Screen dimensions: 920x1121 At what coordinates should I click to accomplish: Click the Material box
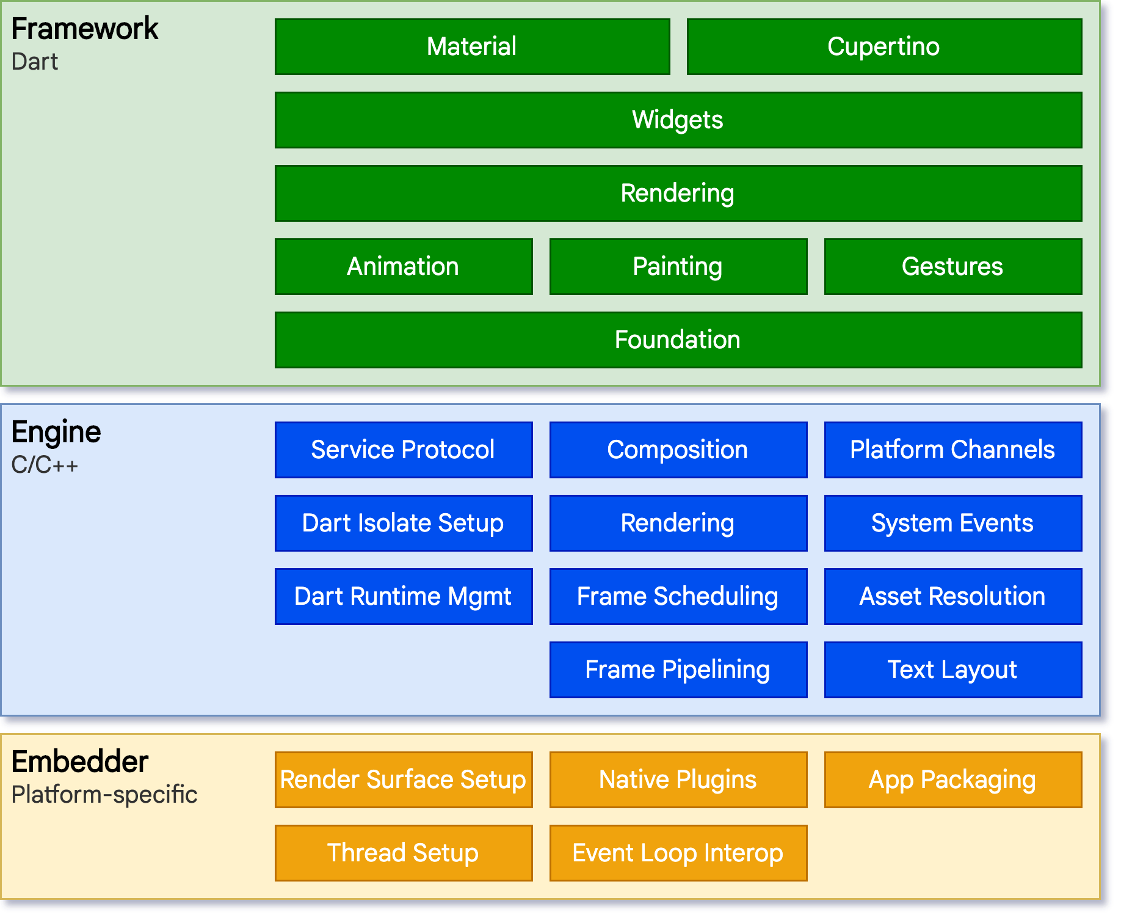pyautogui.click(x=472, y=47)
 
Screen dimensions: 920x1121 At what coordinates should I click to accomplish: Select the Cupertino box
pyautogui.click(x=884, y=47)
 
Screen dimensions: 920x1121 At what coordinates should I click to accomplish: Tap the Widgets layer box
pyautogui.click(x=678, y=120)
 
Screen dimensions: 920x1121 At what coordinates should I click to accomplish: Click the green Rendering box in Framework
pyautogui.click(x=678, y=194)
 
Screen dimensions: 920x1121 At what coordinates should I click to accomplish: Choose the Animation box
pyautogui.click(x=404, y=267)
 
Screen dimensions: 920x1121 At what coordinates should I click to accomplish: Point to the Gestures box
pyautogui.click(x=952, y=267)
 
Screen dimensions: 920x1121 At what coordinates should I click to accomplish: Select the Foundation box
pyautogui.click(x=678, y=340)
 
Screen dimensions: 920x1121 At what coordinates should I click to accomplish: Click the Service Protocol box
pyautogui.click(x=404, y=450)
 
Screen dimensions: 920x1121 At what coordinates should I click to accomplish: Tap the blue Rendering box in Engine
pyautogui.click(x=678, y=524)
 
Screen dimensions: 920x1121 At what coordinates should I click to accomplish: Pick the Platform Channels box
pyautogui.click(x=952, y=450)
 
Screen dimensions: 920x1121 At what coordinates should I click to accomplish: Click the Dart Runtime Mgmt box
pyautogui.click(x=404, y=597)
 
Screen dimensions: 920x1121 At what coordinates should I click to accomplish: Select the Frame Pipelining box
pyautogui.click(x=678, y=670)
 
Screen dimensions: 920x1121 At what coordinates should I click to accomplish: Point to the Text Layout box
pyautogui.click(x=952, y=670)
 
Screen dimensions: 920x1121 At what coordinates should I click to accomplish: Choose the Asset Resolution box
pyautogui.click(x=952, y=597)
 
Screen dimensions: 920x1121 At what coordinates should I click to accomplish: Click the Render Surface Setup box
pyautogui.click(x=404, y=780)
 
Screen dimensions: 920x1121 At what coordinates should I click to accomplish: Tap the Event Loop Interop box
pyautogui.click(x=678, y=853)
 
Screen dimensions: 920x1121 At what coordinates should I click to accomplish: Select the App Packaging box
pyautogui.click(x=952, y=780)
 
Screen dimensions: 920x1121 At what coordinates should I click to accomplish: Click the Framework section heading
pyautogui.click(x=85, y=29)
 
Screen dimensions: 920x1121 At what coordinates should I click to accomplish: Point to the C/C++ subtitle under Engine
pyautogui.click(x=45, y=465)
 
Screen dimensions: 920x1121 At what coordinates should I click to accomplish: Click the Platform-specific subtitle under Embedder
pyautogui.click(x=104, y=795)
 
